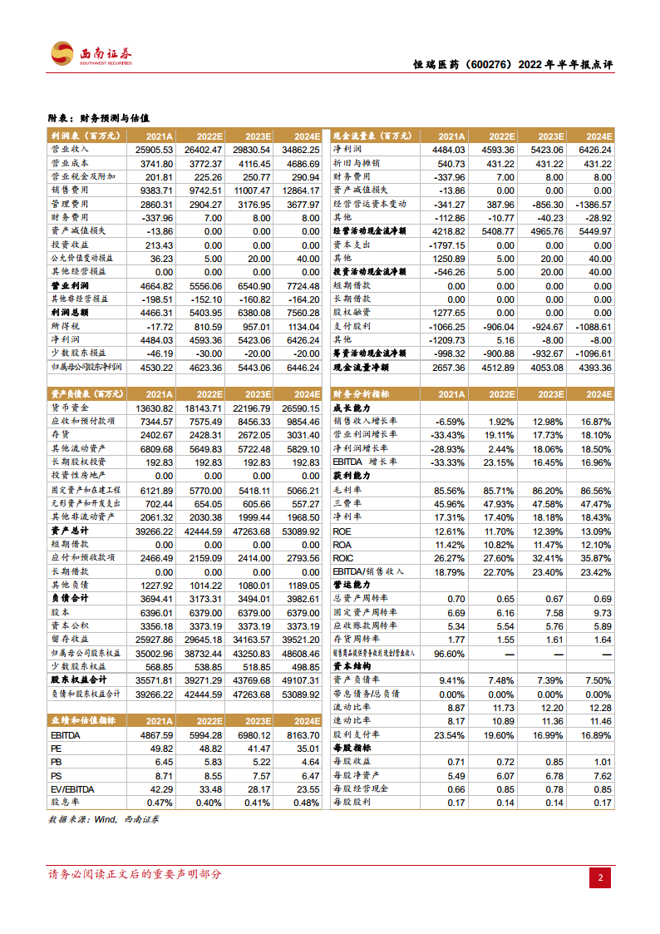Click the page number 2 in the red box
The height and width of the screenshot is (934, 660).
pyautogui.click(x=601, y=878)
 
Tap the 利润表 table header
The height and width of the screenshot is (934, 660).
pyautogui.click(x=81, y=136)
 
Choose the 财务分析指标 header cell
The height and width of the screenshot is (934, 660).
pyautogui.click(x=367, y=394)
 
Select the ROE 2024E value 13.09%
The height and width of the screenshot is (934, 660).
pyautogui.click(x=595, y=531)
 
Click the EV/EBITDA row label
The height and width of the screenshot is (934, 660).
pyautogui.click(x=72, y=788)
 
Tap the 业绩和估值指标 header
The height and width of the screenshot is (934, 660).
pyautogui.click(x=83, y=720)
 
